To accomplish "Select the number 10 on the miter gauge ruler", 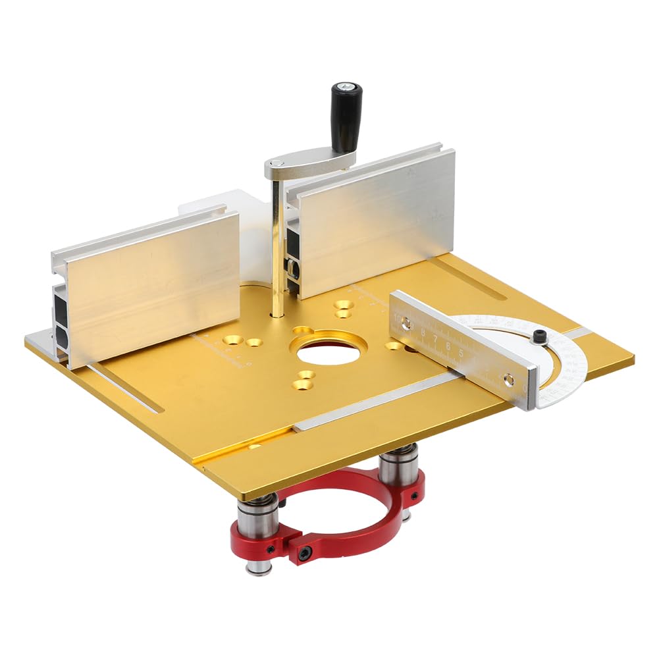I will pos(397,317).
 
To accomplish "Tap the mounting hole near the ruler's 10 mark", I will pos(406,323).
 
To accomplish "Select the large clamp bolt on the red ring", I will pos(303,554).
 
